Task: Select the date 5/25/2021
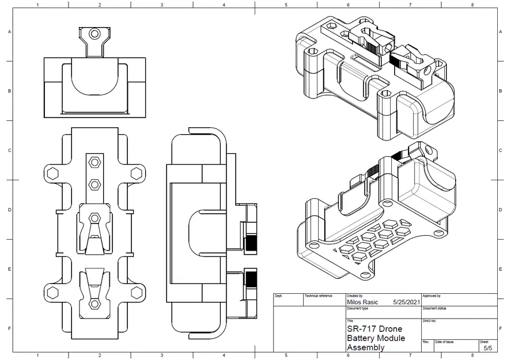click(407, 301)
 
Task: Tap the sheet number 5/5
click(487, 348)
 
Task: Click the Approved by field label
click(432, 295)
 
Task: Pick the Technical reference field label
click(318, 295)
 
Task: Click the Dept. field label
click(279, 295)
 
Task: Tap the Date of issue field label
click(444, 342)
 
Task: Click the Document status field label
click(435, 308)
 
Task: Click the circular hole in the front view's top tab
click(94, 34)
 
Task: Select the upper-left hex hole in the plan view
click(52, 173)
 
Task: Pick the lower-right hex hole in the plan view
click(137, 293)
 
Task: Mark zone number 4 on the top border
click(224, 5)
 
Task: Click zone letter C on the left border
click(9, 151)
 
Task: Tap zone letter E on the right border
click(499, 269)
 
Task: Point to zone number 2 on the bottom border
click(100, 355)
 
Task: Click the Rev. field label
click(426, 342)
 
